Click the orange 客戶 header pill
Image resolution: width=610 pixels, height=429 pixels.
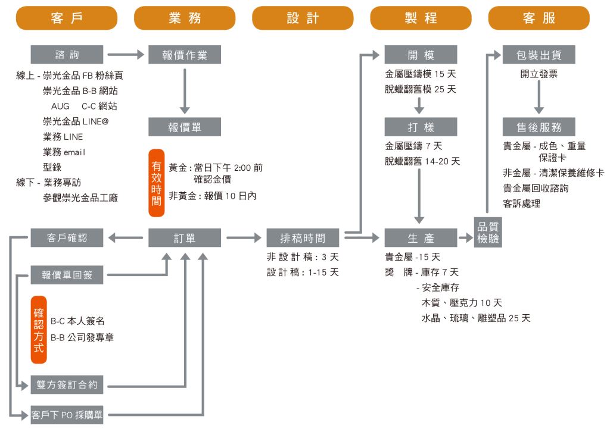(66, 18)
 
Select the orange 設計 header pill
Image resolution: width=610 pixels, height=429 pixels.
(303, 18)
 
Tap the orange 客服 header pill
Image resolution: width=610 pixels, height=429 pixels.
(539, 18)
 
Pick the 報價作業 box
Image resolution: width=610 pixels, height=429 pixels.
(185, 55)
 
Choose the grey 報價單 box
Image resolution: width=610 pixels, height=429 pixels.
(185, 126)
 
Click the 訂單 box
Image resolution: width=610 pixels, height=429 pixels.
(185, 238)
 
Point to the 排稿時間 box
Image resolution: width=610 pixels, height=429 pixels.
(303, 238)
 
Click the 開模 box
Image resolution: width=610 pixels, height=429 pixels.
(421, 55)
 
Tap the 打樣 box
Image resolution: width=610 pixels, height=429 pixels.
(421, 126)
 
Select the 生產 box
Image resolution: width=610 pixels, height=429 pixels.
(421, 238)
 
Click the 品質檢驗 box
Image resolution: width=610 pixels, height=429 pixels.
(488, 233)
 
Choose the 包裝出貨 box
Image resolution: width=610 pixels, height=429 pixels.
(539, 55)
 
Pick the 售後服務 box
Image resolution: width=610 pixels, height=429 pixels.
(539, 126)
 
